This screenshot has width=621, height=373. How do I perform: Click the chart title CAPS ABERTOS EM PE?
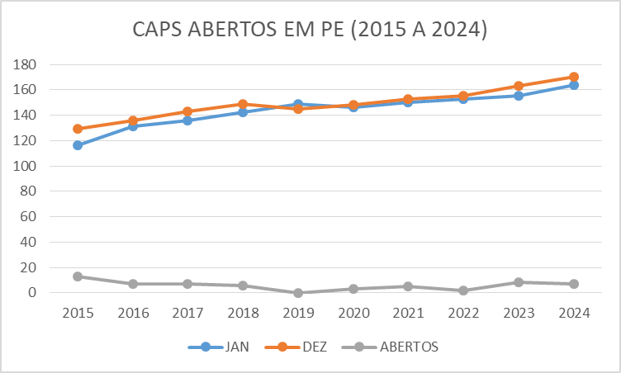[x=310, y=30]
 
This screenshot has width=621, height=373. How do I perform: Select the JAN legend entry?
[x=226, y=347]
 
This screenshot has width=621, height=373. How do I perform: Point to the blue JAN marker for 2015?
[x=78, y=145]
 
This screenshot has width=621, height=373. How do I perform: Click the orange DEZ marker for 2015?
[x=78, y=129]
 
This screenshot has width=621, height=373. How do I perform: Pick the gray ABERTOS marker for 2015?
[x=78, y=276]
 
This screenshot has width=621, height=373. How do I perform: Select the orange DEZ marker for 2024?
[x=573, y=77]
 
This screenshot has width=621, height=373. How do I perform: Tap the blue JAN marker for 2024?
[x=573, y=85]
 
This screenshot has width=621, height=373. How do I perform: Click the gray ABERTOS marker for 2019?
[x=298, y=293]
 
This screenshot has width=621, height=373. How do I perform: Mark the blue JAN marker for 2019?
[x=298, y=105]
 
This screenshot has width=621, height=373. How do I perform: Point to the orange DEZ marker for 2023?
[x=519, y=86]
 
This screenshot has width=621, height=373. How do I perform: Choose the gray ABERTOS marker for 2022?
[x=463, y=290]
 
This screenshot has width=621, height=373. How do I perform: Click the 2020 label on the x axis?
[x=353, y=314]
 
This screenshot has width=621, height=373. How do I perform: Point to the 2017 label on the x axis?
[x=187, y=314]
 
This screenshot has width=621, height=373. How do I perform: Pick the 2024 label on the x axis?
[x=573, y=314]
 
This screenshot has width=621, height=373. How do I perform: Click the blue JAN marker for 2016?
[x=133, y=126]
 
